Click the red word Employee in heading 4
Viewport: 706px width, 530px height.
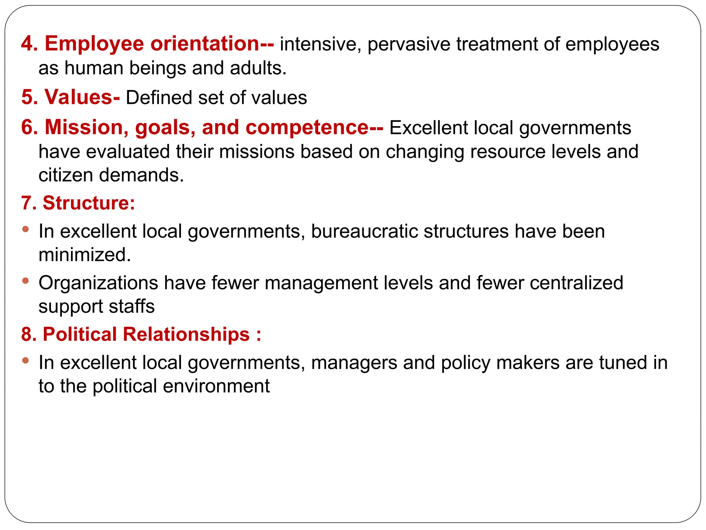(x=94, y=44)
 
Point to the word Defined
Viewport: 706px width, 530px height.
(x=159, y=98)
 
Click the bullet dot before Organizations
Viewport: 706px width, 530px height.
(x=25, y=281)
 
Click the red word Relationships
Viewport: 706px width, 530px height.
(x=186, y=334)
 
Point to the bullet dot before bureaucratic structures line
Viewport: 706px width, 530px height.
(x=25, y=229)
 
